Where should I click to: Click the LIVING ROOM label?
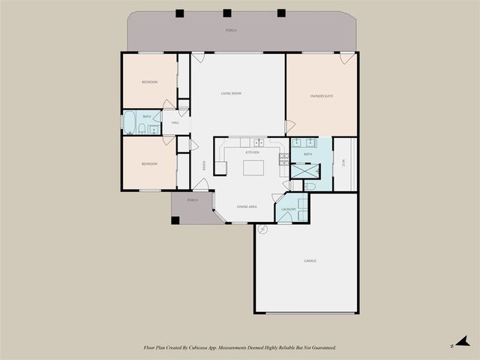231,94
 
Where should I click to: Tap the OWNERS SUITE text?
322,96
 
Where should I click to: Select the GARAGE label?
310,261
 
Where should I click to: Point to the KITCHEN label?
253,152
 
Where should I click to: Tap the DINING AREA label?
247,206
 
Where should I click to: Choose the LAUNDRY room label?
289,210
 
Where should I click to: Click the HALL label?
175,123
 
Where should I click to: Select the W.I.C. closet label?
343,162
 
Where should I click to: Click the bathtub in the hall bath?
130,123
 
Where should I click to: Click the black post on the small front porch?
175,220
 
